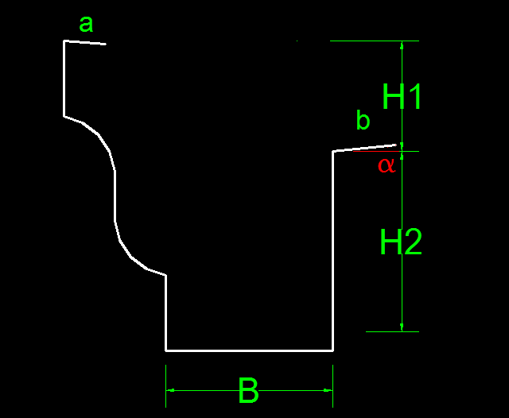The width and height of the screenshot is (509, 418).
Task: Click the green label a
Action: (86, 25)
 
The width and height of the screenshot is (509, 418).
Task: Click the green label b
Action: (363, 120)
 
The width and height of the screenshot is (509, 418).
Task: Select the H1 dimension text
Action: (402, 96)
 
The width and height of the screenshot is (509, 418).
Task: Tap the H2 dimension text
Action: (401, 242)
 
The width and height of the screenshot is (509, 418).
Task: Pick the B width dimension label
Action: (248, 390)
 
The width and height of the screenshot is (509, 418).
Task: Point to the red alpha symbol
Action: (387, 165)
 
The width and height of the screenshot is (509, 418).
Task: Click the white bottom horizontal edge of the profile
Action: (249, 350)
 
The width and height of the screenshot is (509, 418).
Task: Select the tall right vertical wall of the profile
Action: (332, 250)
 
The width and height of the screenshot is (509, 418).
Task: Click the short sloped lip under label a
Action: (85, 42)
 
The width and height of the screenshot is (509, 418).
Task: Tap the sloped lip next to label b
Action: (364, 148)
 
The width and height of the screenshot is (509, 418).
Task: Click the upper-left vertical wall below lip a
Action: (64, 79)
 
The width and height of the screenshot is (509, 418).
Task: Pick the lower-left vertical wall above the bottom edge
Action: (166, 312)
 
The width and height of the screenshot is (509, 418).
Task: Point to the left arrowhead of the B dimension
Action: (170, 390)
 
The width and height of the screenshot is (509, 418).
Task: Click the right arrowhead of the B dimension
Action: (328, 390)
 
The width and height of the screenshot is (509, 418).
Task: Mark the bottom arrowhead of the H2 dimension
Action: (402, 327)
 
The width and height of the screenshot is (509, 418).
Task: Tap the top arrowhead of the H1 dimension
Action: (402, 45)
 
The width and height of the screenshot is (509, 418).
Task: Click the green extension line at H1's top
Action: (375, 41)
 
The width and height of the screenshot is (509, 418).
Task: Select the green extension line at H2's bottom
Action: (392, 331)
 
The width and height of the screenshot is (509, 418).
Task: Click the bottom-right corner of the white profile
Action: (333, 350)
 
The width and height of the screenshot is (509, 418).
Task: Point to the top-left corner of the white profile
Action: (64, 41)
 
